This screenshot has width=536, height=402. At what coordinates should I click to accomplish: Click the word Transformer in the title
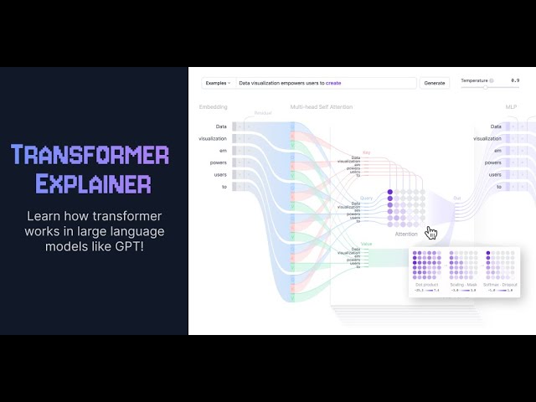point(90,155)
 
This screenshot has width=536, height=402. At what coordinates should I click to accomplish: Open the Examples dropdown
point(217,83)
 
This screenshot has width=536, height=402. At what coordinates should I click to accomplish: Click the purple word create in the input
point(333,83)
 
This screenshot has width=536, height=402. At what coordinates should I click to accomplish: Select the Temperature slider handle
point(485,87)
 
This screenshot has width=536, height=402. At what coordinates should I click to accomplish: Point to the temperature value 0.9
point(515,80)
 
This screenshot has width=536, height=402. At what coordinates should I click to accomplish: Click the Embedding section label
point(213,107)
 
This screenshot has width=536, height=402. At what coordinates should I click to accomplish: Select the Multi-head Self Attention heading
point(322,107)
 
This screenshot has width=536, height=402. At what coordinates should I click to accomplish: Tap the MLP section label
point(511,107)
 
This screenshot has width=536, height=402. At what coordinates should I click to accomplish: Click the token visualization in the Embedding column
point(213,138)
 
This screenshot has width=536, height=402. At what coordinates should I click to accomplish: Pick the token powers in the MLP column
point(493,162)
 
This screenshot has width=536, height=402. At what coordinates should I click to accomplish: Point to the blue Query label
point(366,198)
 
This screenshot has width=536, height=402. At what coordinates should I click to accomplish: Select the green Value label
point(366,244)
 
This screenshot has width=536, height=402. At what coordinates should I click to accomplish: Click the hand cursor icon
point(431,233)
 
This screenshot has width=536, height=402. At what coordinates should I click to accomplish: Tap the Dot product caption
point(425,285)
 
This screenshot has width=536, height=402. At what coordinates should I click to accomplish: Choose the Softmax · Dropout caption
point(502,285)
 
